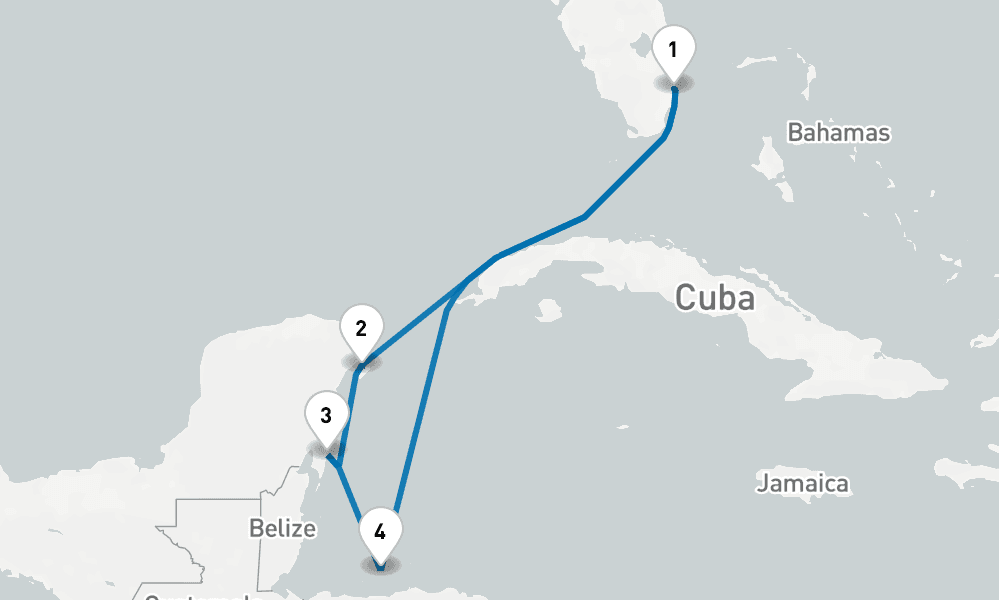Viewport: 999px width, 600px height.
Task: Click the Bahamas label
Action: tap(838, 133)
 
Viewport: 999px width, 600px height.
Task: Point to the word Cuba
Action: tap(714, 298)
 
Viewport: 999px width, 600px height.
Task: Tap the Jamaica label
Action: tap(802, 484)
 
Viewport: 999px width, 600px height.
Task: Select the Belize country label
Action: tap(283, 528)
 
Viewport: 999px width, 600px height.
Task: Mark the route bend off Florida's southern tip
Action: tap(664, 138)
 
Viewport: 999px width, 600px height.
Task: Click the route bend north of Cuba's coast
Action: tap(584, 216)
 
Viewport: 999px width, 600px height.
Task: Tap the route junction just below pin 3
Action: tap(340, 464)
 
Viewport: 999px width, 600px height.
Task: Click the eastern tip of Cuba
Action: tap(945, 380)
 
